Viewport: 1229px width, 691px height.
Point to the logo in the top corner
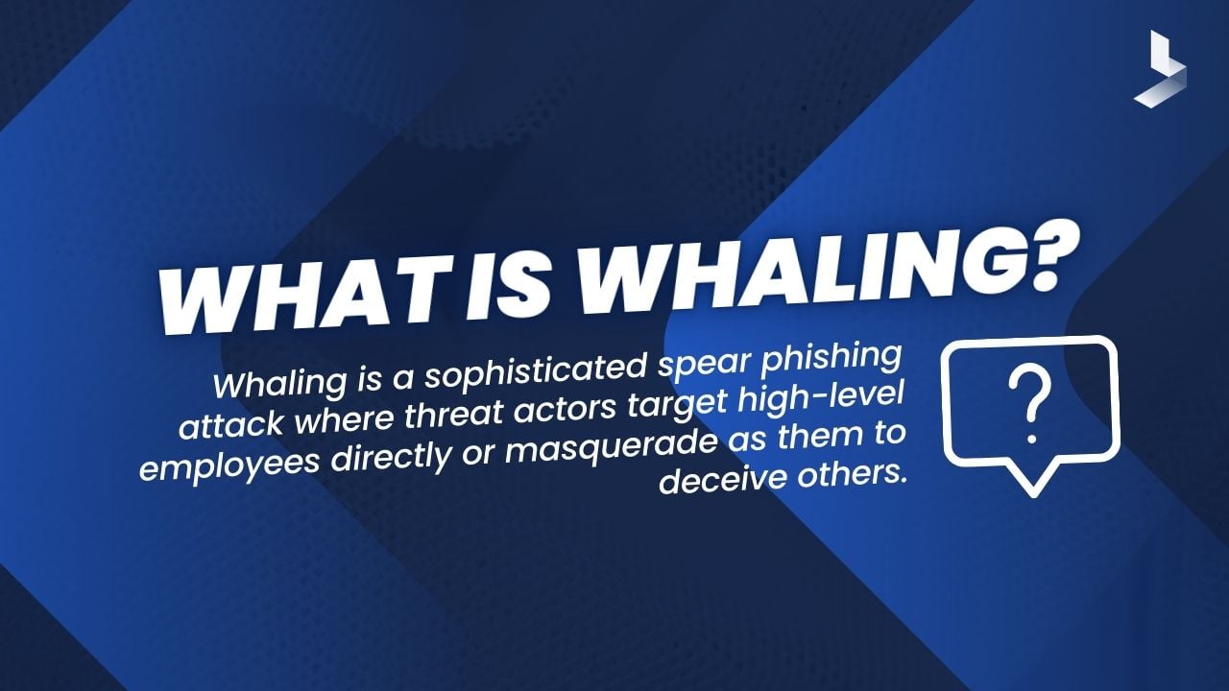[1160, 68]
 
